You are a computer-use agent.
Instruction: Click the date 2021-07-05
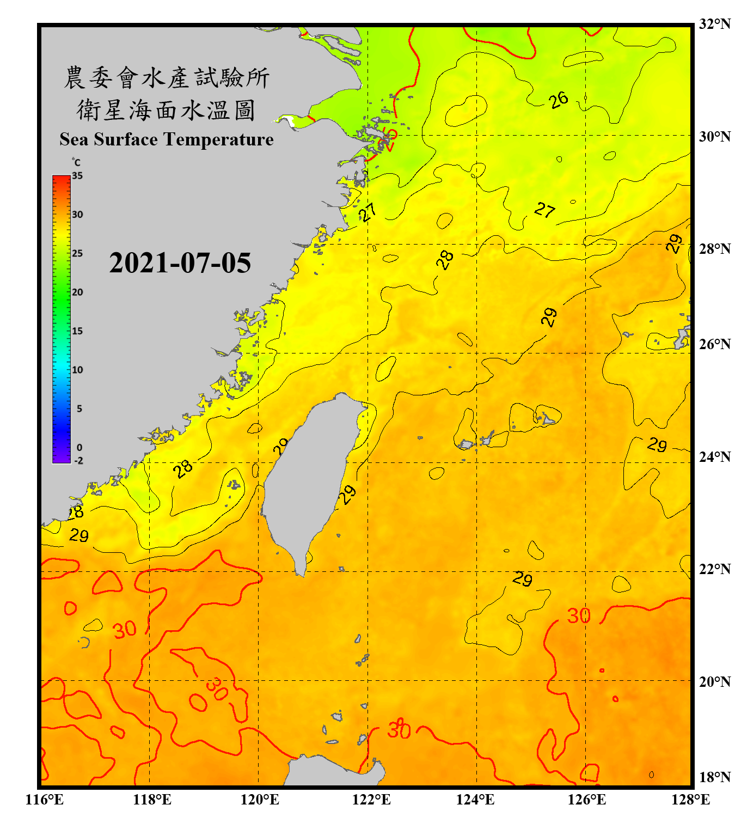click(180, 263)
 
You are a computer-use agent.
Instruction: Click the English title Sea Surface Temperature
click(166, 139)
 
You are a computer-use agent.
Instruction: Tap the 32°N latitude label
click(714, 24)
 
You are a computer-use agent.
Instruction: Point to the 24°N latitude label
click(714, 457)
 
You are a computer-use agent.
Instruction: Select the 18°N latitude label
click(714, 777)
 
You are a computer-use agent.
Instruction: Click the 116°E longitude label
click(45, 800)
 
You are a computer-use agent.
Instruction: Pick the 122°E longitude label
click(371, 800)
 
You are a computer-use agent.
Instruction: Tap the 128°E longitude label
click(690, 800)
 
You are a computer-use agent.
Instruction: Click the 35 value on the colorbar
click(77, 176)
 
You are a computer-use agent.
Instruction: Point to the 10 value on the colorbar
click(77, 370)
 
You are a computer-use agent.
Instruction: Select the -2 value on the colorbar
click(78, 461)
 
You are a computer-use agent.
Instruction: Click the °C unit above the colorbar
click(76, 162)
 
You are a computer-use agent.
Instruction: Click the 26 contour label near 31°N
click(558, 100)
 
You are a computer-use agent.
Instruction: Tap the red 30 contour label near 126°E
click(579, 616)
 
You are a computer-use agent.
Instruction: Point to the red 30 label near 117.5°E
click(125, 630)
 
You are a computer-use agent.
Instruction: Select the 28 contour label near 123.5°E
click(445, 260)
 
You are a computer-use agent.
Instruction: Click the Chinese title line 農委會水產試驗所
click(166, 78)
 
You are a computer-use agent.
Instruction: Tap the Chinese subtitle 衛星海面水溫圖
click(166, 110)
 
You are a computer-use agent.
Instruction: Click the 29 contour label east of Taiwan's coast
click(347, 495)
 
